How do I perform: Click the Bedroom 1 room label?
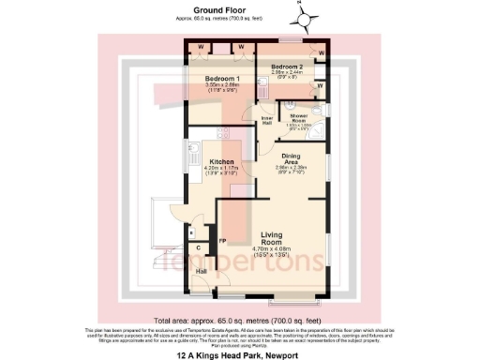tap(223, 79)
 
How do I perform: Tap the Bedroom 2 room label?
tap(286, 67)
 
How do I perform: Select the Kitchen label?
tap(221, 160)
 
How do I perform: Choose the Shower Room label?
tap(299, 116)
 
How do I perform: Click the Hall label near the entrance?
tap(201, 271)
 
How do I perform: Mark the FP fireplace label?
tap(223, 241)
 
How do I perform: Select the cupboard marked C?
tap(199, 247)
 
